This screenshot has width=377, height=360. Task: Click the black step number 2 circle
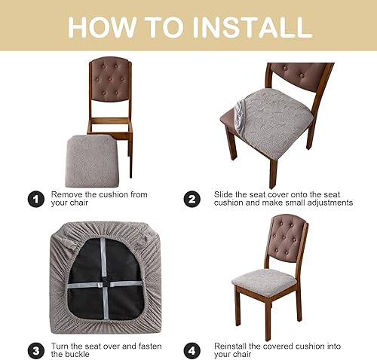coord(192,200)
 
